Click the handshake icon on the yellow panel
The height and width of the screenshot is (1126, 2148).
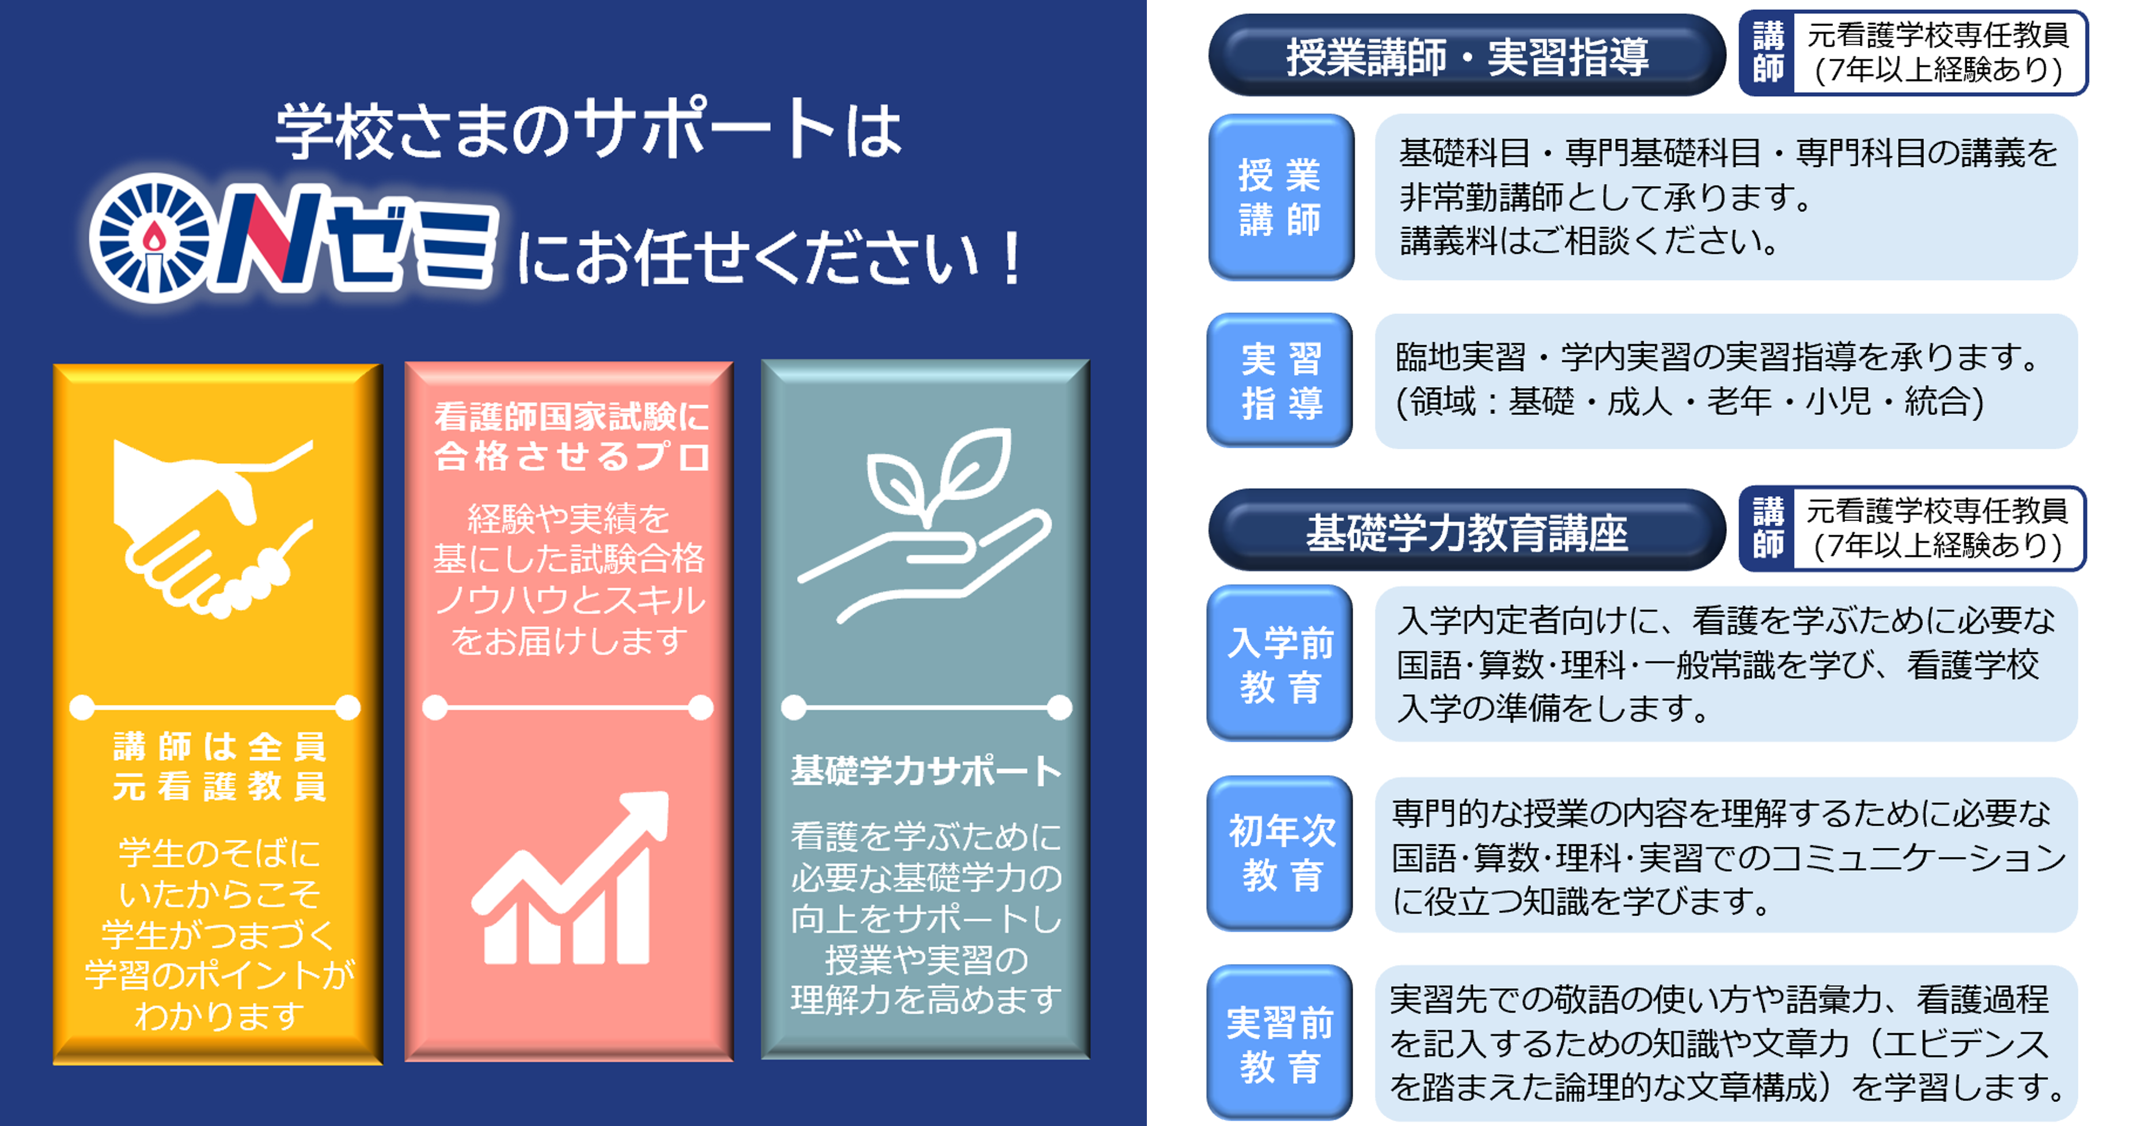[213, 529]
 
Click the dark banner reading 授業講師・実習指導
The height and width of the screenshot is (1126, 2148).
[1467, 56]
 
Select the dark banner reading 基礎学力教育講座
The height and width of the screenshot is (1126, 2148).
[1467, 531]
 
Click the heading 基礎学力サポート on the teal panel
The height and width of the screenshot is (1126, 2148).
[926, 770]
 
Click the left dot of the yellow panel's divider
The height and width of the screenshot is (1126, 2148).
[82, 707]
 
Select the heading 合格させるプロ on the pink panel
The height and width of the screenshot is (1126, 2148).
[571, 456]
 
